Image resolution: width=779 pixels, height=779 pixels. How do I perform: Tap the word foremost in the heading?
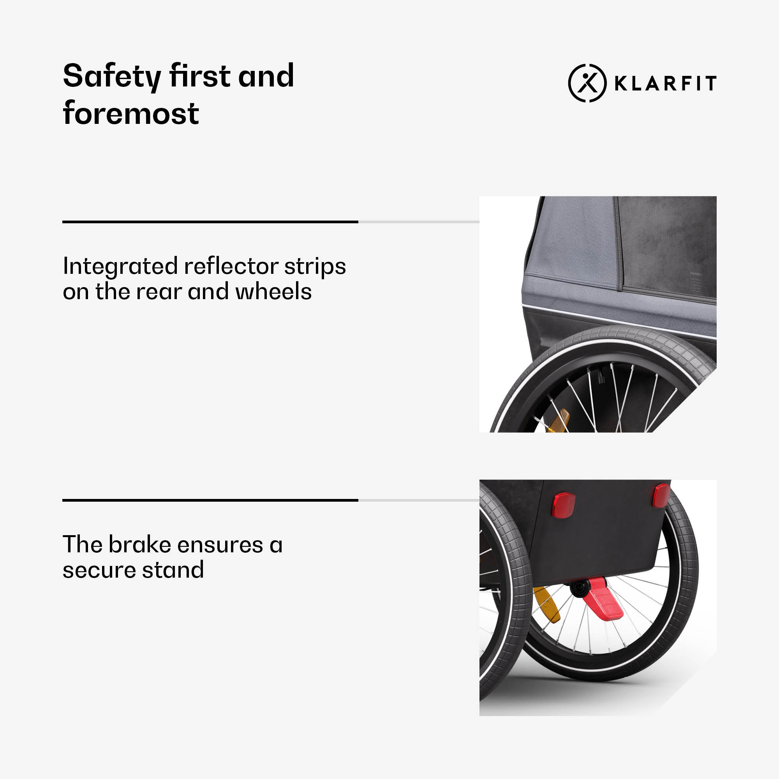[x=130, y=113]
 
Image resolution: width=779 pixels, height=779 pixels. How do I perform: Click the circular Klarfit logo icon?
[x=587, y=83]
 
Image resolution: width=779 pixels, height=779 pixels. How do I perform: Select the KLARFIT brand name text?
[x=665, y=83]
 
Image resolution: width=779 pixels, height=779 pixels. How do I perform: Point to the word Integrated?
[x=120, y=267]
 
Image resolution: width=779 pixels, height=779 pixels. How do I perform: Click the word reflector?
[x=231, y=266]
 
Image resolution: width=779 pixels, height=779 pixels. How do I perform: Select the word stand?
[x=173, y=569]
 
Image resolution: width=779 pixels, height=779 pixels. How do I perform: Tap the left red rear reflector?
[x=563, y=504]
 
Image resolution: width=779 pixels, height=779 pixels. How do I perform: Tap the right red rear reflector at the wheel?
[x=661, y=495]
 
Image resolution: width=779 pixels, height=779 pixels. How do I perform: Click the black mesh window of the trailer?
[x=667, y=248]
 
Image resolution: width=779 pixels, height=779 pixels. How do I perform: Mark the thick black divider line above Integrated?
[x=210, y=222]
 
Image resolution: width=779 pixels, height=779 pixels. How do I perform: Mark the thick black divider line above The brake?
[x=210, y=500]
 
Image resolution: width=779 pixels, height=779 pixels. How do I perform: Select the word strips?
[x=315, y=267]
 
